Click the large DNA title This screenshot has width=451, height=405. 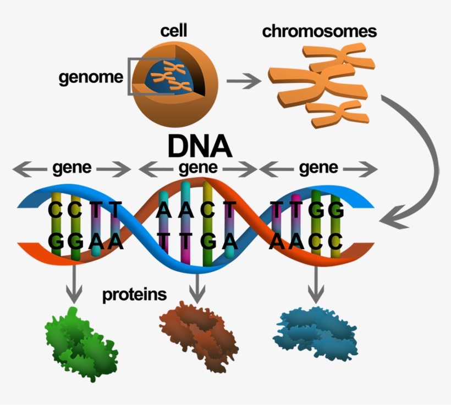pyautogui.click(x=199, y=147)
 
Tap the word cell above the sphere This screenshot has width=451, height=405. pyautogui.click(x=174, y=31)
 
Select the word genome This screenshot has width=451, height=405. pyautogui.click(x=91, y=77)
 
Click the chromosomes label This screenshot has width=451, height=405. pyautogui.click(x=319, y=31)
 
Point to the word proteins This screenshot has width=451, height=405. pyautogui.click(x=134, y=295)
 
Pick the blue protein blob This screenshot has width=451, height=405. pyautogui.click(x=316, y=333)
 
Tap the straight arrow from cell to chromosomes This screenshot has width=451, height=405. pyautogui.click(x=244, y=82)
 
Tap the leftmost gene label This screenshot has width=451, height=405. pyautogui.click(x=72, y=168)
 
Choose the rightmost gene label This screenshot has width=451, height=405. pyautogui.click(x=318, y=168)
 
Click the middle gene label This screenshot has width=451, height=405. pyautogui.click(x=199, y=168)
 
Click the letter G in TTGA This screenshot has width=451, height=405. pyautogui.click(x=208, y=240)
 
